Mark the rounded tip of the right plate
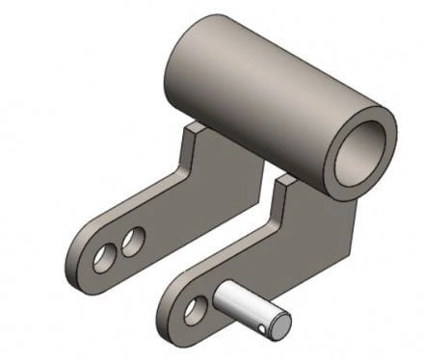tap(173, 318)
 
